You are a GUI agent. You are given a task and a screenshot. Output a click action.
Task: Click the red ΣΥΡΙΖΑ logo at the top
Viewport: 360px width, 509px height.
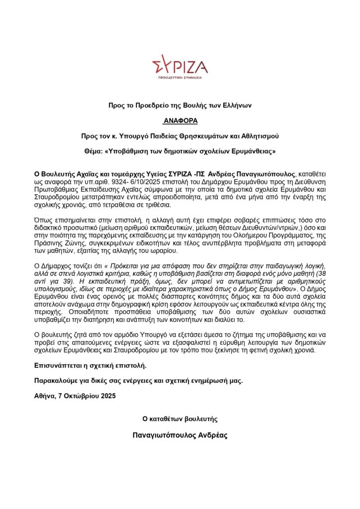[x=180, y=67]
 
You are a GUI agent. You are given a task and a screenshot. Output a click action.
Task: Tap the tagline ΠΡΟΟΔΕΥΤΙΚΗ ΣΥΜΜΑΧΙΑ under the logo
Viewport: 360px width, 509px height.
[x=180, y=79]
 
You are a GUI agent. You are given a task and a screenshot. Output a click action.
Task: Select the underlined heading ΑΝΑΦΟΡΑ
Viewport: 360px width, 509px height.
[x=180, y=120]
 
